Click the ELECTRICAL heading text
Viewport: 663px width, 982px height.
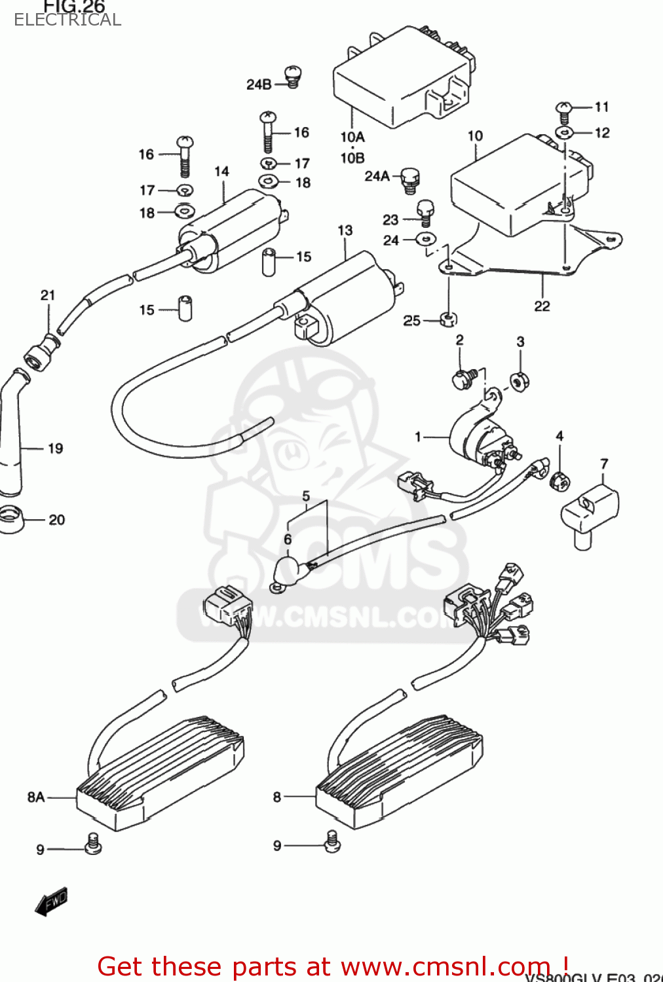click(x=67, y=20)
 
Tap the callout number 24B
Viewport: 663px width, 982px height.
click(x=259, y=84)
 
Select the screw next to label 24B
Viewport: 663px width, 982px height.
click(x=292, y=77)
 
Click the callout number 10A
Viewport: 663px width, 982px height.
click(x=352, y=137)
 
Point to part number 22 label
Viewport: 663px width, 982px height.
click(x=542, y=306)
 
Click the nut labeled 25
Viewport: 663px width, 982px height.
click(x=448, y=319)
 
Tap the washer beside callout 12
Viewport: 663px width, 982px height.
click(x=564, y=133)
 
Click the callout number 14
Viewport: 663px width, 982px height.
click(x=222, y=172)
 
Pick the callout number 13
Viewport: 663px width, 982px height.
click(x=345, y=230)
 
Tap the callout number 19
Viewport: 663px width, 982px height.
click(x=56, y=448)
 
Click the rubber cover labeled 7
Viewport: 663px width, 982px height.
click(x=589, y=513)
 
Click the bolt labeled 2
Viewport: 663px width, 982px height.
click(x=463, y=379)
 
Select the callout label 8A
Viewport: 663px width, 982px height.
click(x=36, y=797)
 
